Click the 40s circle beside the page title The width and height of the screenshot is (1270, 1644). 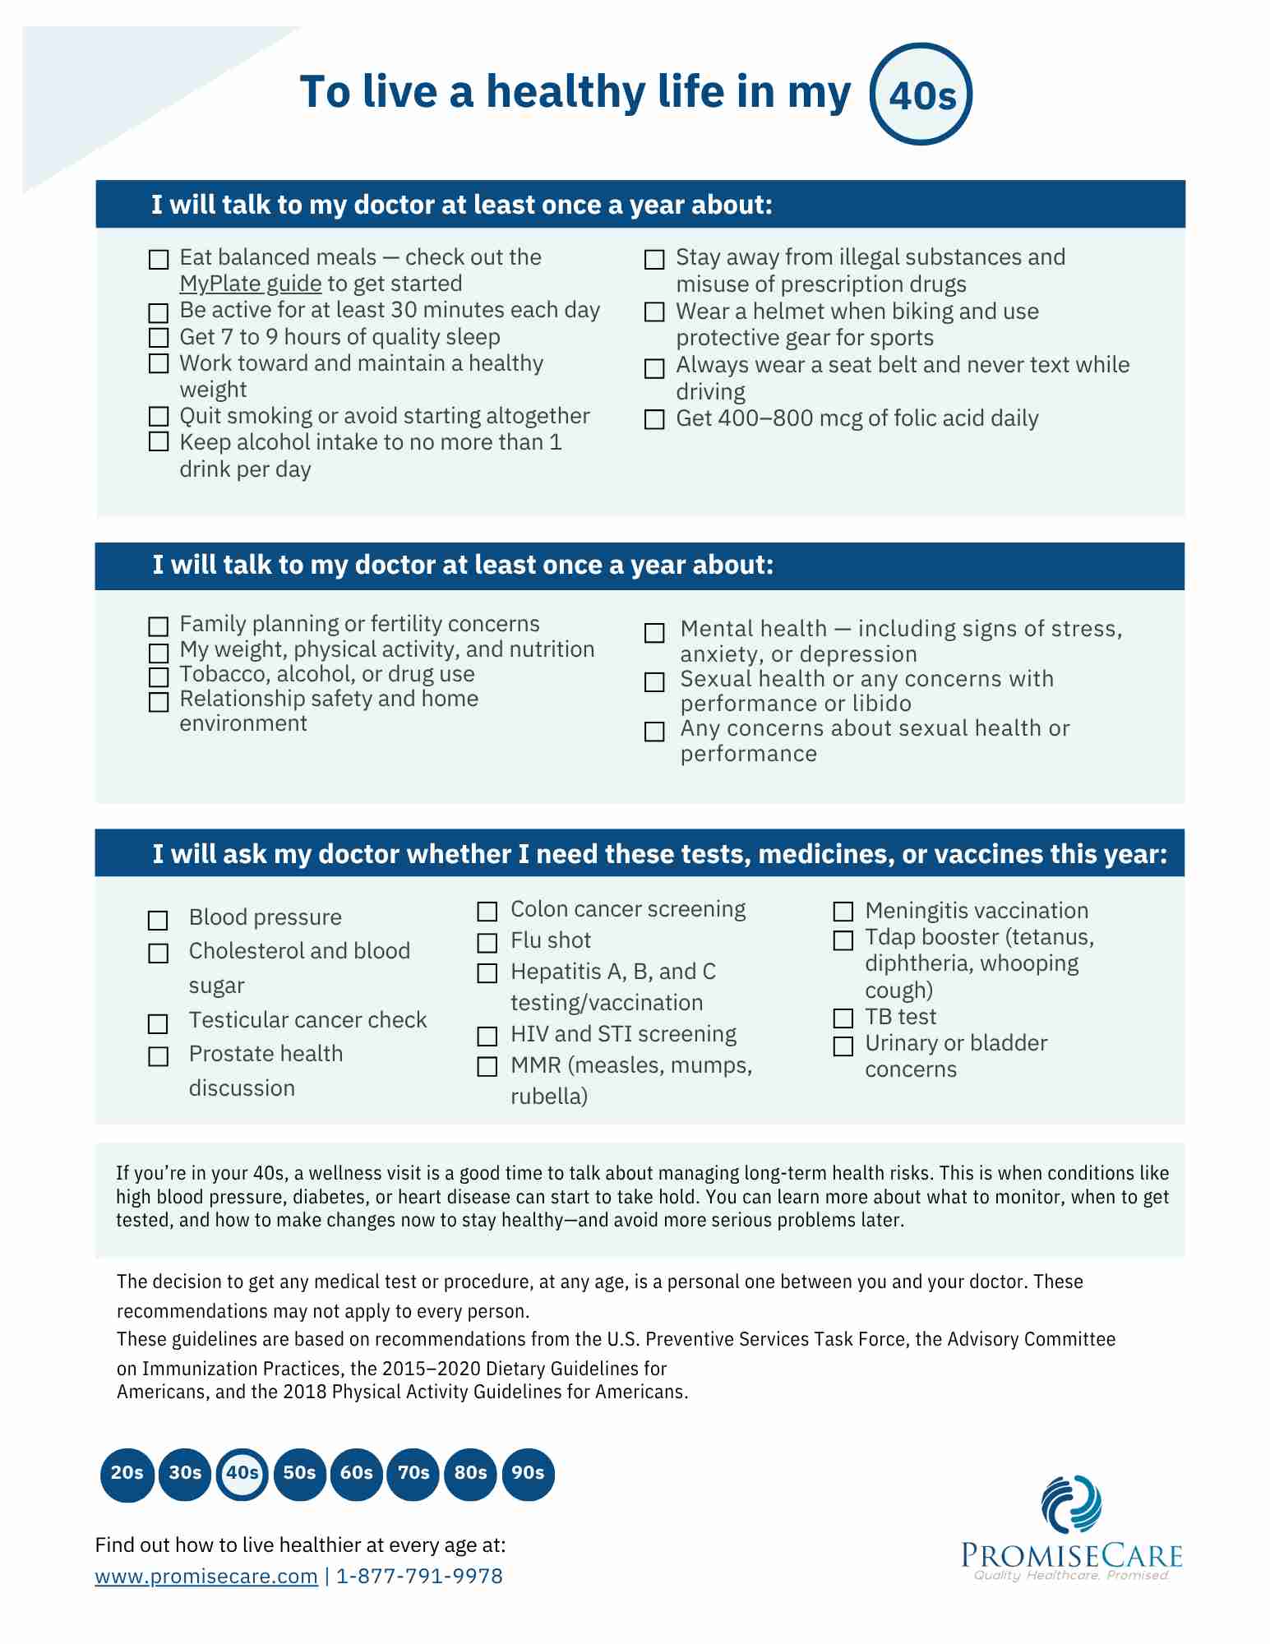pyautogui.click(x=921, y=95)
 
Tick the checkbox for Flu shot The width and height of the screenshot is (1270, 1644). pyautogui.click(x=487, y=942)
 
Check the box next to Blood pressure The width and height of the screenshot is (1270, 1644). pyautogui.click(x=158, y=919)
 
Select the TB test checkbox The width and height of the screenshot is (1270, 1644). pyautogui.click(x=843, y=1018)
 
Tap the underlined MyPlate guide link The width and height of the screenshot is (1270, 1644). pyautogui.click(x=251, y=284)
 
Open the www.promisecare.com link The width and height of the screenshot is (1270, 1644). pyautogui.click(x=206, y=1576)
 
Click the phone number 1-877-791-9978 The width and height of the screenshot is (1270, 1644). pyautogui.click(x=419, y=1576)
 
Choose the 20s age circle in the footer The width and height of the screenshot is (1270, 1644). pyautogui.click(x=127, y=1473)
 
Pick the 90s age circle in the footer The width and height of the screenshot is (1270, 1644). pyautogui.click(x=528, y=1473)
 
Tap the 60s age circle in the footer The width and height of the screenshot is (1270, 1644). pyautogui.click(x=357, y=1473)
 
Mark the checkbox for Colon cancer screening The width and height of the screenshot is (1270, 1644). pyautogui.click(x=487, y=912)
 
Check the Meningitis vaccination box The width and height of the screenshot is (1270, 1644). pyautogui.click(x=843, y=912)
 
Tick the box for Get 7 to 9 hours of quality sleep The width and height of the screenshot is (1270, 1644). pyautogui.click(x=159, y=338)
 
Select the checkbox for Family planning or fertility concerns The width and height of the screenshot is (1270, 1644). pyautogui.click(x=159, y=626)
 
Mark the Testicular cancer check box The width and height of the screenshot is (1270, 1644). pyautogui.click(x=158, y=1023)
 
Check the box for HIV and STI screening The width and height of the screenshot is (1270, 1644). pyautogui.click(x=487, y=1036)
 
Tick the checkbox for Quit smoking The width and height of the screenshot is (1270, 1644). pyautogui.click(x=159, y=417)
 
